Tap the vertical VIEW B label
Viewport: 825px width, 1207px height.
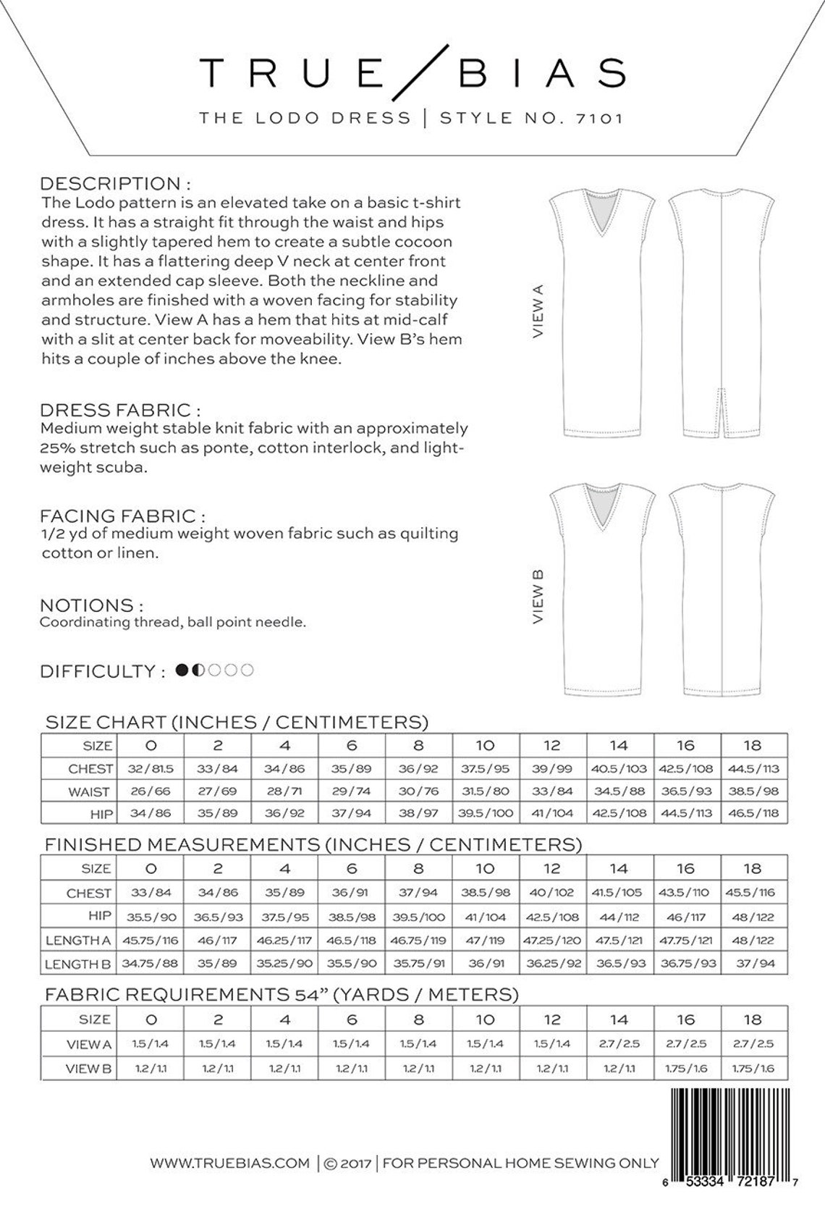click(538, 597)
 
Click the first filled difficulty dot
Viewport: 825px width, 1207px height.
click(183, 670)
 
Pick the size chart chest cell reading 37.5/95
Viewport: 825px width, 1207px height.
click(485, 768)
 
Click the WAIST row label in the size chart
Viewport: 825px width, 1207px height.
click(88, 791)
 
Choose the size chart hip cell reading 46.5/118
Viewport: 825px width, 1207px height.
click(753, 813)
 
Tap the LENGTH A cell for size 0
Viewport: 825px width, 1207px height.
click(151, 941)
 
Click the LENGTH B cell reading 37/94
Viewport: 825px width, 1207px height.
click(753, 964)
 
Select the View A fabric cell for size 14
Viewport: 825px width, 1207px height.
click(619, 1044)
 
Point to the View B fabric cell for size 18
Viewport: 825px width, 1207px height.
click(753, 1068)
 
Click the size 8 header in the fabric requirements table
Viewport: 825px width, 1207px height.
click(418, 1019)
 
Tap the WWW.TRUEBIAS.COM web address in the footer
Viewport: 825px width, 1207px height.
click(229, 1164)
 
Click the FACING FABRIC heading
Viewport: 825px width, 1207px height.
click(122, 516)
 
